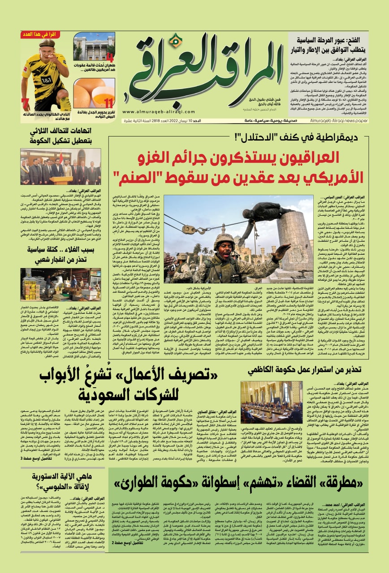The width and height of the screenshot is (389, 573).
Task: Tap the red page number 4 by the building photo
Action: click(110, 57)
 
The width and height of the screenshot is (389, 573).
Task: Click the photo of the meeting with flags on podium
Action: click(60, 167)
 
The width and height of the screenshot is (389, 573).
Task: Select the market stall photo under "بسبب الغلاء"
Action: click(60, 284)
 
